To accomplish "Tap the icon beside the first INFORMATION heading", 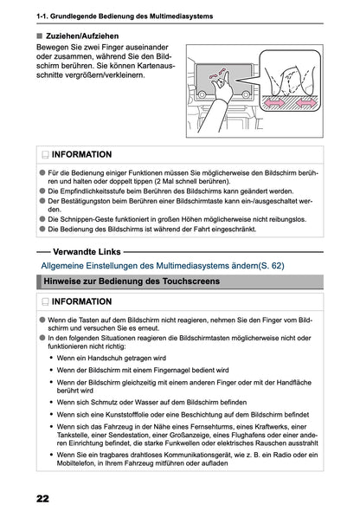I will pyautogui.click(x=44, y=154).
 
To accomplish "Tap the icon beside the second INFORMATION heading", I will pyautogui.click(x=44, y=302).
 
